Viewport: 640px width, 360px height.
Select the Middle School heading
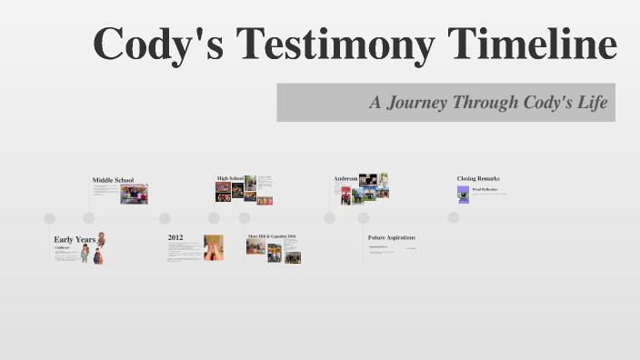pos(113,180)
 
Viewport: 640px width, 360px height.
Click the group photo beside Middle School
pos(134,195)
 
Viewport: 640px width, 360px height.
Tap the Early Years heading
pos(75,239)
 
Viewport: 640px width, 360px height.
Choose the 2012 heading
pos(175,237)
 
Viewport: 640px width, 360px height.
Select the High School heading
pos(230,178)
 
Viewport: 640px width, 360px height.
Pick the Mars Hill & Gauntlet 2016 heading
pos(272,236)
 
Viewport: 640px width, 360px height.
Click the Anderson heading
pos(345,178)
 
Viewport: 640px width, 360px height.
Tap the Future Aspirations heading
pos(392,237)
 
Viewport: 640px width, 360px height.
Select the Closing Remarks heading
pos(478,178)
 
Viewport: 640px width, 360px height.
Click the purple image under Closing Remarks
pos(464,194)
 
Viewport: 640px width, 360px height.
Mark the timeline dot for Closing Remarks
pos(454,217)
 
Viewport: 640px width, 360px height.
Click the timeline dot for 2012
pos(165,218)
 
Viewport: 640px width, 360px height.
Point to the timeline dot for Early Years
pos(50,218)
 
